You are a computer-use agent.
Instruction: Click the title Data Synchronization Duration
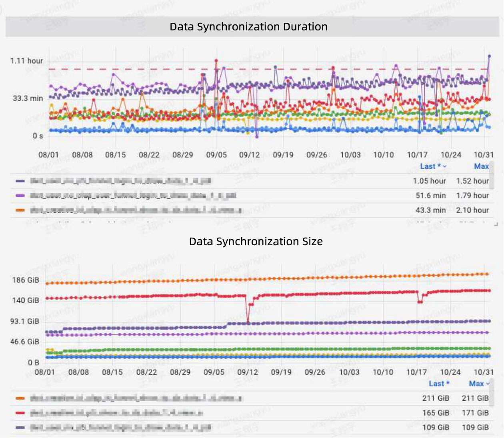tap(248, 27)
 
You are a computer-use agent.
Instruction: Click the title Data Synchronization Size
tap(256, 242)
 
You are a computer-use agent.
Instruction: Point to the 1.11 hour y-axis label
tap(26, 61)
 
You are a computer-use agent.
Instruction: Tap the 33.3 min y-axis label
tap(28, 98)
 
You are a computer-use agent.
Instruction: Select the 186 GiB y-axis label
tap(26, 280)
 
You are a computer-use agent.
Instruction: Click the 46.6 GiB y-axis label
tap(25, 342)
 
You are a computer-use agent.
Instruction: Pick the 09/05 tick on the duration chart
tap(216, 155)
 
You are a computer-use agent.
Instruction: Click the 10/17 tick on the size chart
tap(416, 372)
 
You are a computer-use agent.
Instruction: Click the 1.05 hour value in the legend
tap(429, 181)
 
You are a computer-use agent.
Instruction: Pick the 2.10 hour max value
tap(472, 210)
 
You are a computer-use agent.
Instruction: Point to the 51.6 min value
tap(430, 196)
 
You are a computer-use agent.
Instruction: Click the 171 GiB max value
tap(475, 413)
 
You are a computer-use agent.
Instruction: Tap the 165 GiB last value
tap(436, 413)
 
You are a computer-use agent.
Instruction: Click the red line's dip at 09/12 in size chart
tap(248, 321)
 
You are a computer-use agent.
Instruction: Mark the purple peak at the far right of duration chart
tap(489, 56)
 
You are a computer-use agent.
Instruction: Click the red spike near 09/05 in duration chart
tap(216, 61)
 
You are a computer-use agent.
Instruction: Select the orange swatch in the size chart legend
tap(20, 398)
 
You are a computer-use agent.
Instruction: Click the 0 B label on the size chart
tap(34, 363)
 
